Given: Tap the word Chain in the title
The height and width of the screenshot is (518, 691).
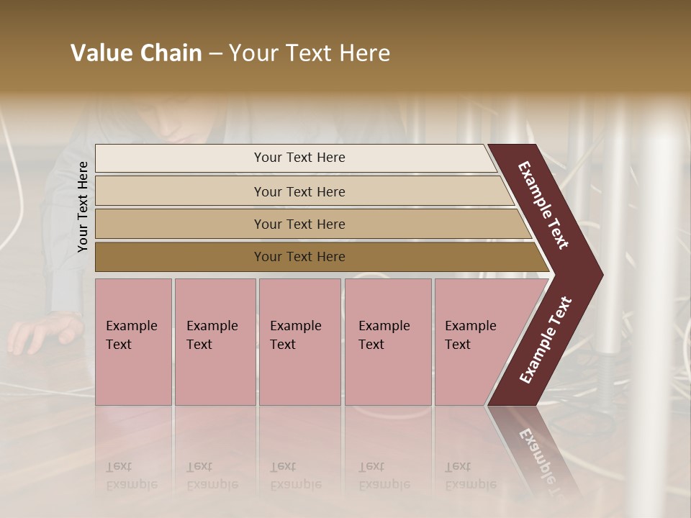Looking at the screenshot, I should [171, 53].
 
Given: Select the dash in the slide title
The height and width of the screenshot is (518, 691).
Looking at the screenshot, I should [215, 54].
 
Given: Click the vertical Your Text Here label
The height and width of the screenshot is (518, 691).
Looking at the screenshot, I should [83, 206].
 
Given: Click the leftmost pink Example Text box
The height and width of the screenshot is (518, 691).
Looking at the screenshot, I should [133, 342].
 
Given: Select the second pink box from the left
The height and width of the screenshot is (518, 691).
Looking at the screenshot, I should [215, 342].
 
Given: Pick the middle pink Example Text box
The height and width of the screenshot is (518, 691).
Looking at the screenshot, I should [299, 342].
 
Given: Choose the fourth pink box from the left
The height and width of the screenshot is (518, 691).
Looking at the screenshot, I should [388, 342].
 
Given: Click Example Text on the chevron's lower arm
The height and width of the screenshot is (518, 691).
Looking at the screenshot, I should [546, 340].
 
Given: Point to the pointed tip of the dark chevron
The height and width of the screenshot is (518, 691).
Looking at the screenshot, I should [601, 274].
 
